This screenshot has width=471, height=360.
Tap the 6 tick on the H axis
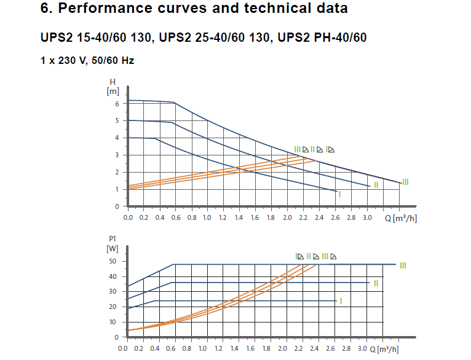tap(116, 103)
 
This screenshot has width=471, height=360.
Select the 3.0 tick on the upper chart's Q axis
tap(368, 217)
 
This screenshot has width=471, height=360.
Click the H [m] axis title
tap(113, 87)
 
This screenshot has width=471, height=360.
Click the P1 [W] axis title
tap(112, 244)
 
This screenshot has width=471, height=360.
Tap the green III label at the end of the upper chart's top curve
tap(405, 182)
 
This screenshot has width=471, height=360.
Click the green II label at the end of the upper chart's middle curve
tap(376, 185)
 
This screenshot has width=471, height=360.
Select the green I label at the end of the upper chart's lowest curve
tap(340, 194)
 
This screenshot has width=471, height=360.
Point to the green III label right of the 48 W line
tap(403, 265)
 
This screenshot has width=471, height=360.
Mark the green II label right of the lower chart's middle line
tap(376, 283)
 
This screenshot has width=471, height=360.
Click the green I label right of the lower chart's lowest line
tap(340, 300)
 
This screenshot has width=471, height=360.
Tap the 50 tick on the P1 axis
tap(113, 261)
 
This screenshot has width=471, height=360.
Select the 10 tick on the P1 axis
tap(113, 322)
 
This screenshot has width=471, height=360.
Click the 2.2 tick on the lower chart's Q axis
tap(299, 348)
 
